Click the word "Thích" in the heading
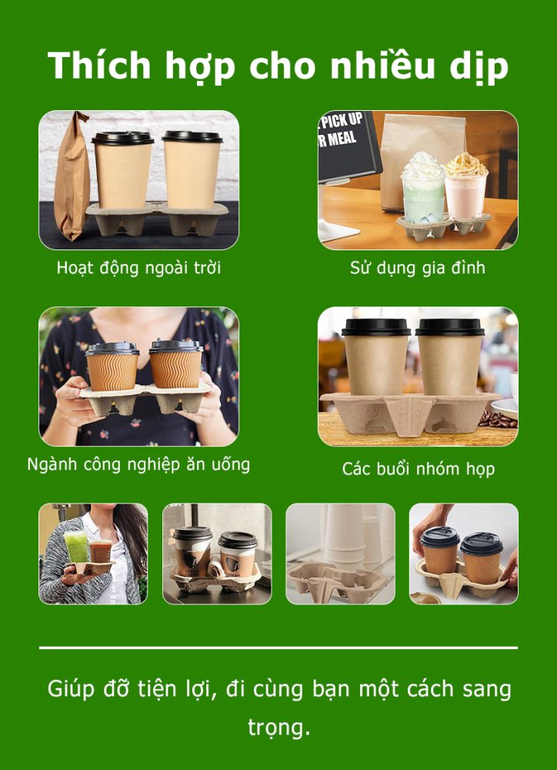click(98, 65)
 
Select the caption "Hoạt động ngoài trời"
click(138, 268)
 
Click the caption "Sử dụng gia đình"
click(418, 268)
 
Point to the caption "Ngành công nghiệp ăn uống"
click(138, 464)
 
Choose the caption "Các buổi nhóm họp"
click(418, 469)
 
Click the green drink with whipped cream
click(422, 189)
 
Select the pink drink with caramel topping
click(465, 186)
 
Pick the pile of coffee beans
click(497, 419)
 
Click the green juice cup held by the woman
click(77, 546)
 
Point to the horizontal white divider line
click(278, 648)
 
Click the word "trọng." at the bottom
click(278, 728)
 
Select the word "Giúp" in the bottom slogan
click(71, 689)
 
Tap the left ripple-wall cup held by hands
click(112, 366)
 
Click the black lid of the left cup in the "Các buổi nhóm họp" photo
click(376, 327)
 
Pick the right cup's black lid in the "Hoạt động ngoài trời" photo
click(192, 136)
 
